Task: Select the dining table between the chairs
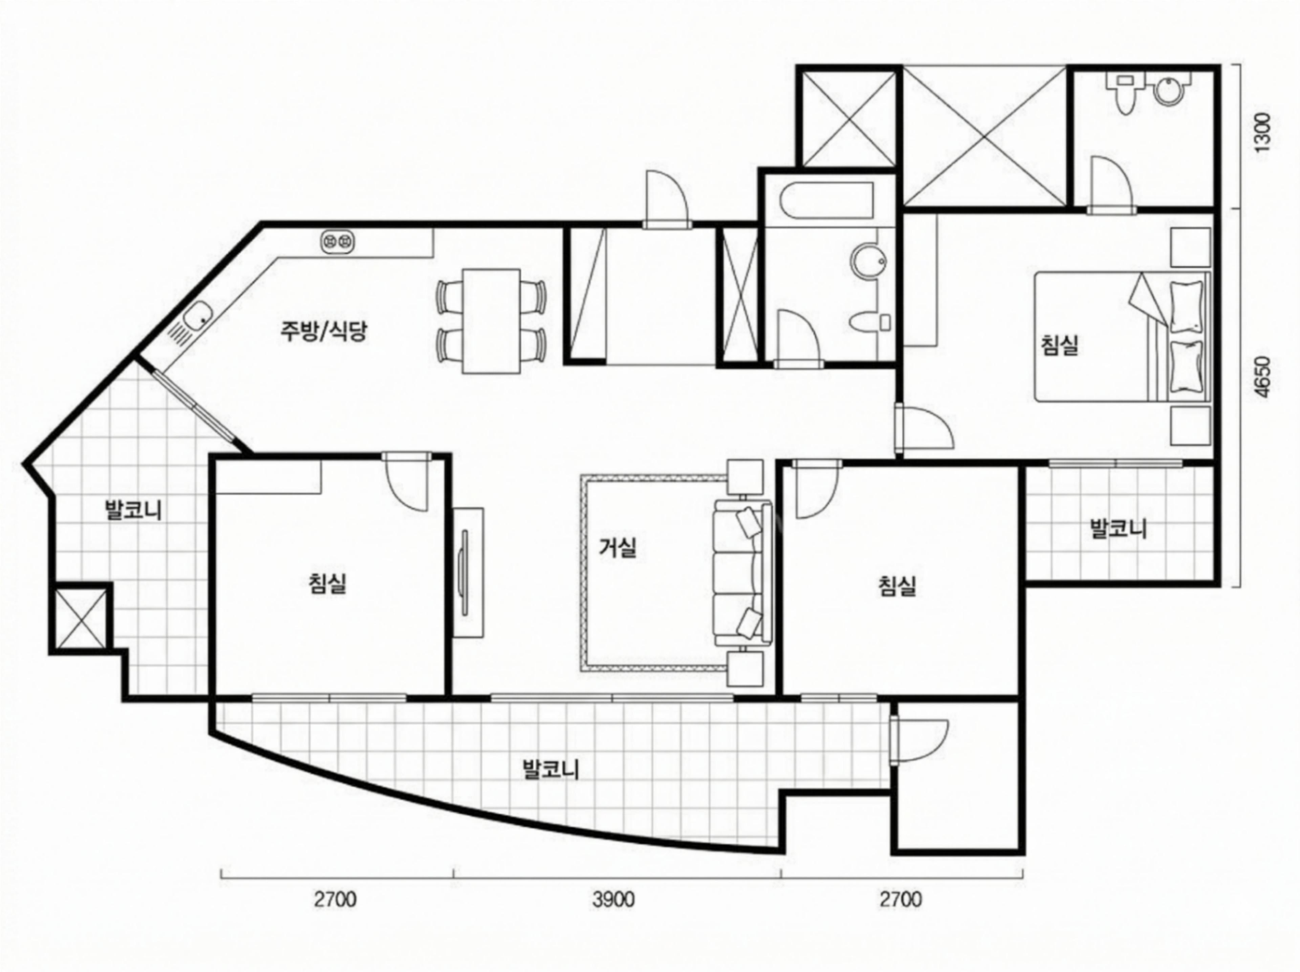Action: (x=491, y=322)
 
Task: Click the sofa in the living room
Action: (x=742, y=571)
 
